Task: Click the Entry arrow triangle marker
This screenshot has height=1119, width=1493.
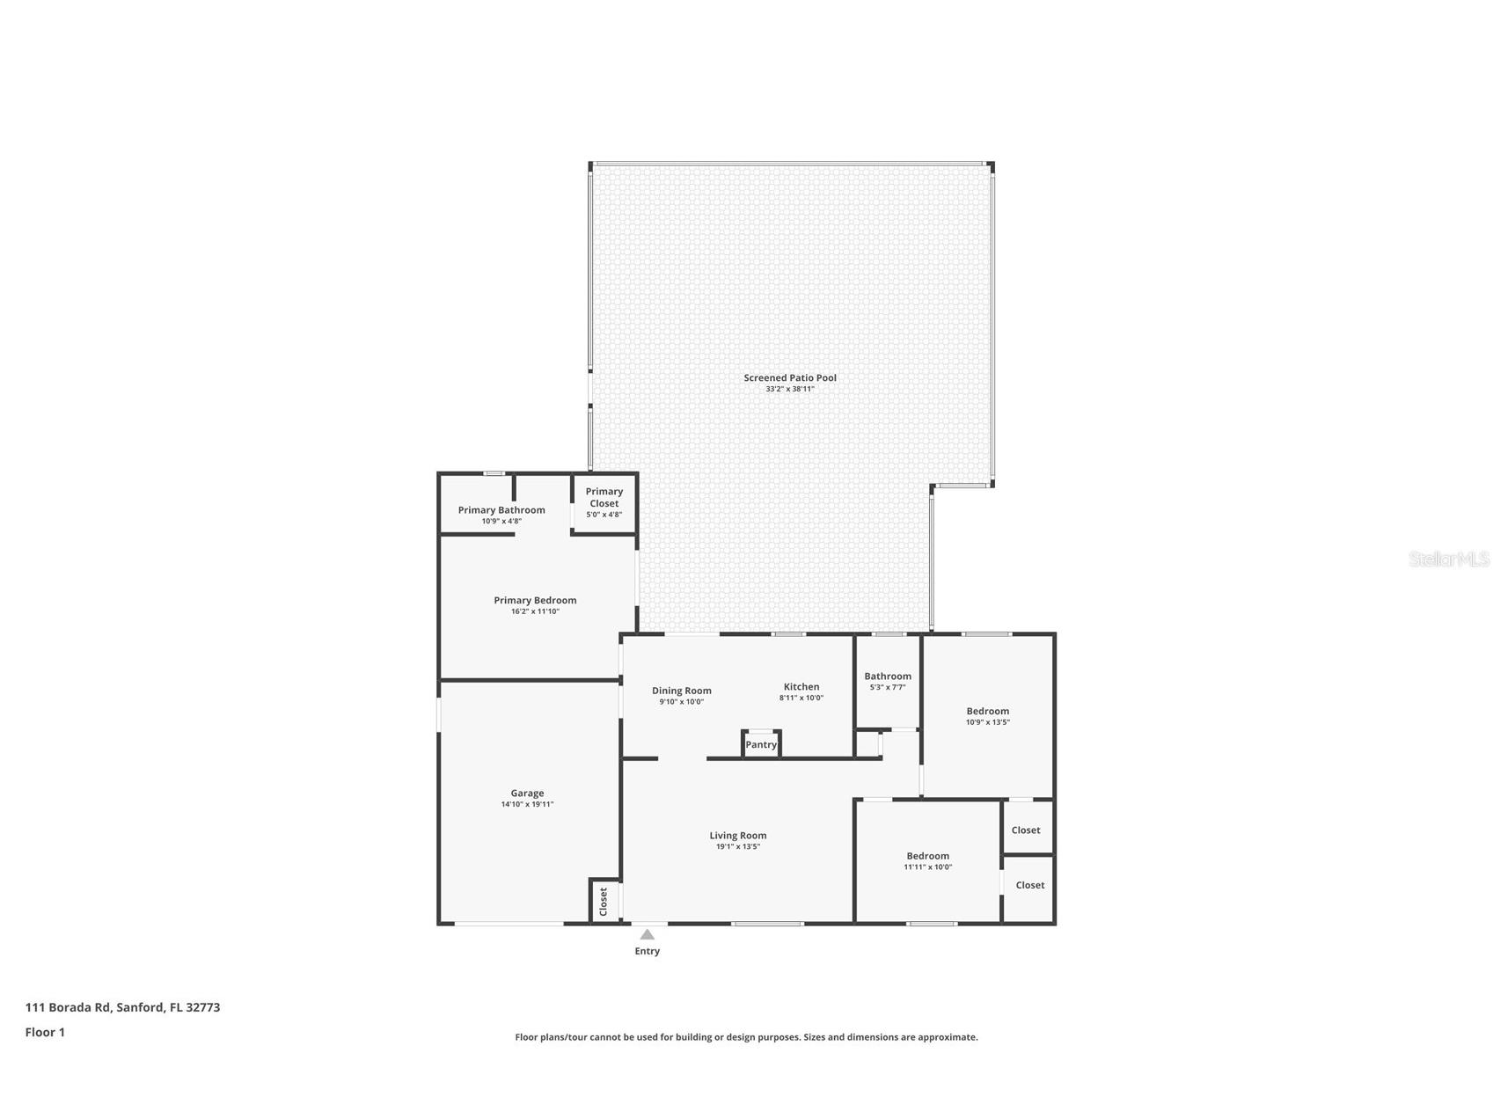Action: (648, 934)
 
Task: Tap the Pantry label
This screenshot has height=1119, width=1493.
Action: (761, 744)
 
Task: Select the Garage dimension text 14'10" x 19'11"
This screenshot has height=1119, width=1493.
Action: (527, 804)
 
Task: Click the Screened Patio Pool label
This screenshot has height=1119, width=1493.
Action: (790, 377)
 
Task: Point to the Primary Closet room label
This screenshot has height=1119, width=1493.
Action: (604, 497)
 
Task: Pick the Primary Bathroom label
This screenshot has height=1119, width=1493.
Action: (501, 510)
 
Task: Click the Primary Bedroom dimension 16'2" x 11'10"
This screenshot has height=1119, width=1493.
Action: (535, 611)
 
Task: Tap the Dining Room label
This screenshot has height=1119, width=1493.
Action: (682, 691)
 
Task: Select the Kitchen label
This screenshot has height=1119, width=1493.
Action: (801, 686)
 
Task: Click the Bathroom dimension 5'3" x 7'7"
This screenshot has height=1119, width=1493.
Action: (888, 687)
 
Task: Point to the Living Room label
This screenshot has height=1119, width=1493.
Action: (738, 836)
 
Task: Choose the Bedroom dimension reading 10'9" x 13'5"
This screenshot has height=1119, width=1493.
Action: (988, 722)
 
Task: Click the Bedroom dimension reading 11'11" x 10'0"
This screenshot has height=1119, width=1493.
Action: (928, 867)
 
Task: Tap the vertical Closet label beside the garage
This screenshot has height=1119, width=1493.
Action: (604, 902)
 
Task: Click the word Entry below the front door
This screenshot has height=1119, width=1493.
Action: (648, 951)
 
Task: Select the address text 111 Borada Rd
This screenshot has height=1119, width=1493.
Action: (69, 1007)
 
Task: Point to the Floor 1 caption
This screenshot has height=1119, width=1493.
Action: (45, 1032)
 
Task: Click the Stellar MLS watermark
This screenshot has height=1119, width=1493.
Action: (1449, 559)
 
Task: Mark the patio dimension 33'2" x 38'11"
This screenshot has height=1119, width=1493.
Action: (790, 389)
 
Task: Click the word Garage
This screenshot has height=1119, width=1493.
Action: (527, 794)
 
